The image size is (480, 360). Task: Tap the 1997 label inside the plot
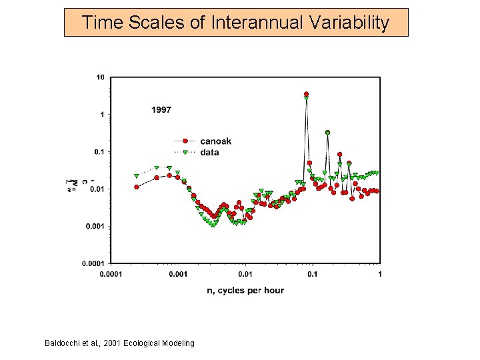click(161, 109)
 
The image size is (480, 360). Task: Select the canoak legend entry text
click(215, 141)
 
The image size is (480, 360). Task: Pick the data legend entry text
click(209, 153)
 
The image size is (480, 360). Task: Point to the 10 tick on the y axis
click(100, 77)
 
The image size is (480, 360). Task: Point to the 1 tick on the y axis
click(102, 115)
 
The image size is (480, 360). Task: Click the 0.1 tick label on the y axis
click(99, 152)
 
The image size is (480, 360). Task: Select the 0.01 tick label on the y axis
click(97, 189)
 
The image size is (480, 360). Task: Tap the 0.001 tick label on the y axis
click(95, 227)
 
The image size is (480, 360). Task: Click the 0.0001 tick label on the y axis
click(93, 263)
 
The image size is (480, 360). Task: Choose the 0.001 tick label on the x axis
click(177, 274)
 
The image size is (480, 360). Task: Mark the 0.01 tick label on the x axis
click(245, 274)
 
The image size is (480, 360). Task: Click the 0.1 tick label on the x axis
click(313, 274)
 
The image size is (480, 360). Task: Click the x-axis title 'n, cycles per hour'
click(245, 290)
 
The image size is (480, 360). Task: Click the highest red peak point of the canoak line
click(306, 94)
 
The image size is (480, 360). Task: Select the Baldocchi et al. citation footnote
click(119, 343)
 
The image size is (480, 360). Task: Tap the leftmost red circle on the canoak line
click(136, 187)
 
